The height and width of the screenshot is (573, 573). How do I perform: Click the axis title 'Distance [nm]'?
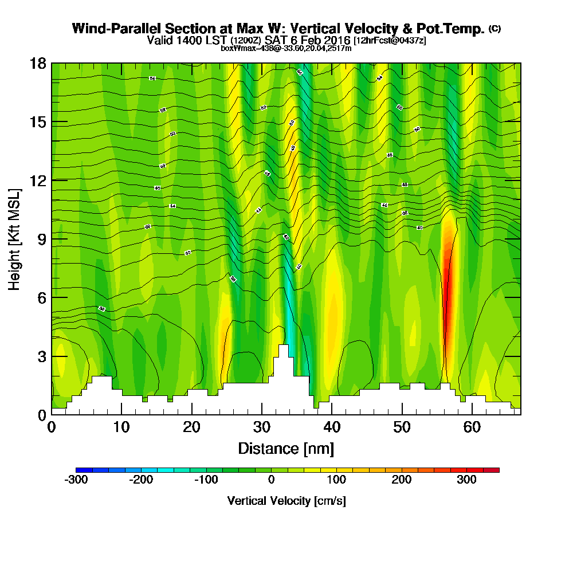pyautogui.click(x=286, y=448)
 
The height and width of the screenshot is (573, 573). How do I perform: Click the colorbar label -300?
pyautogui.click(x=76, y=480)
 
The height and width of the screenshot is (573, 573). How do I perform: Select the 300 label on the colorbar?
pyautogui.click(x=466, y=480)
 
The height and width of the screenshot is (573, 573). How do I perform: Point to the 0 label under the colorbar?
pyautogui.click(x=272, y=480)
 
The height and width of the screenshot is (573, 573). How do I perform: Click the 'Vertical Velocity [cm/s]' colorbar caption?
pyautogui.click(x=286, y=501)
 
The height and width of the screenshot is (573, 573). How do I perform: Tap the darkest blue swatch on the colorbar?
pyautogui.click(x=80, y=470)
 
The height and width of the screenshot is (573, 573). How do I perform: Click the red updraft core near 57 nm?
pyautogui.click(x=448, y=286)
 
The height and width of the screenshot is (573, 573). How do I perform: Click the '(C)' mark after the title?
pyautogui.click(x=494, y=29)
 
